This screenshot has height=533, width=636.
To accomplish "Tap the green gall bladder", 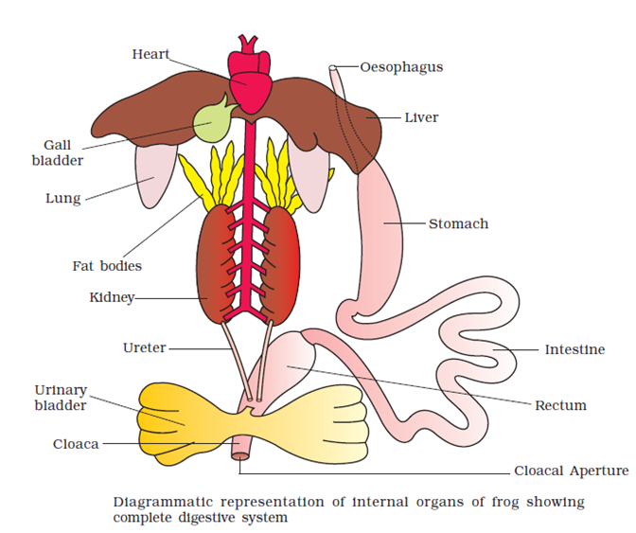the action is (x=211, y=122).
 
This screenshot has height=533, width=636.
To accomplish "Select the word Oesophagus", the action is (x=401, y=67).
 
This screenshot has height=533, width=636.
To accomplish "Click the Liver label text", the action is (x=421, y=117).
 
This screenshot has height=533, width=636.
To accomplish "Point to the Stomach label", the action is (x=458, y=223).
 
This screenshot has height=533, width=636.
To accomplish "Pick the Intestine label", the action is (x=574, y=349).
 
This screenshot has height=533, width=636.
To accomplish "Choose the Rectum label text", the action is (x=560, y=405).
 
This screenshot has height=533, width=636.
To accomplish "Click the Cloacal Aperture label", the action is (x=572, y=471).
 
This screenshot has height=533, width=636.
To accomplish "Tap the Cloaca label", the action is (x=76, y=444).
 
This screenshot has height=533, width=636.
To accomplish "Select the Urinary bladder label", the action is (x=61, y=398).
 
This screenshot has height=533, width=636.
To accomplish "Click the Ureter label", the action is (x=145, y=347).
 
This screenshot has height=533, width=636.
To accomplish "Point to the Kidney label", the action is (x=112, y=297).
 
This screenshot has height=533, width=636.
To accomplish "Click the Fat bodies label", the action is (x=107, y=266).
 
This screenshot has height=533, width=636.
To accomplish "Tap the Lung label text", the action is (x=63, y=199).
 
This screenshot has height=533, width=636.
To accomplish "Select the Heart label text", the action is (x=150, y=54).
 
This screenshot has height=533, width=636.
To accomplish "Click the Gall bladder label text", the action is (x=58, y=152).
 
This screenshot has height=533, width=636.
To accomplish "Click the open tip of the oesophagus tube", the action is (x=332, y=68).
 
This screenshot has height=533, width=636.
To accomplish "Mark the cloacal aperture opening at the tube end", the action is (x=240, y=456).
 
